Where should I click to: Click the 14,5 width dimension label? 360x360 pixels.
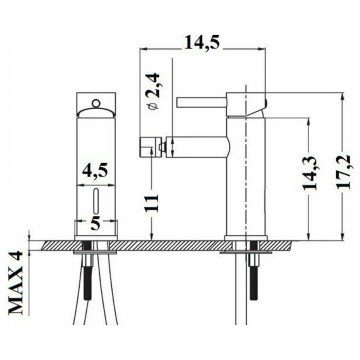pyautogui.click(x=202, y=43)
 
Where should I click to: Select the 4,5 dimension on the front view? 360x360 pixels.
pyautogui.click(x=95, y=172)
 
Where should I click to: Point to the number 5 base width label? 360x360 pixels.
pyautogui.click(x=95, y=224)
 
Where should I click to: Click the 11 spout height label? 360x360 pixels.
pyautogui.click(x=152, y=203)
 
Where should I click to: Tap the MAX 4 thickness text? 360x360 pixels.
pyautogui.click(x=16, y=283)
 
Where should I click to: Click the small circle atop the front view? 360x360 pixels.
pyautogui.click(x=96, y=104)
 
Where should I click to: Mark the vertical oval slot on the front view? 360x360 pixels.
pyautogui.click(x=96, y=201)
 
